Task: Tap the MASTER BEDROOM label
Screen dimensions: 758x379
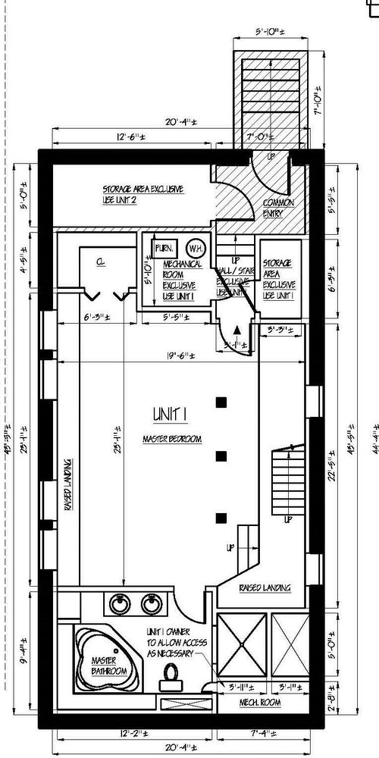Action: [x=171, y=439]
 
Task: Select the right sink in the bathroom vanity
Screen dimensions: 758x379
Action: [x=150, y=604]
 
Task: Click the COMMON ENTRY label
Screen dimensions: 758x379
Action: [x=278, y=208]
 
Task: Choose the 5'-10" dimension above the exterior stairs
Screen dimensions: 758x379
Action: [x=269, y=33]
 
